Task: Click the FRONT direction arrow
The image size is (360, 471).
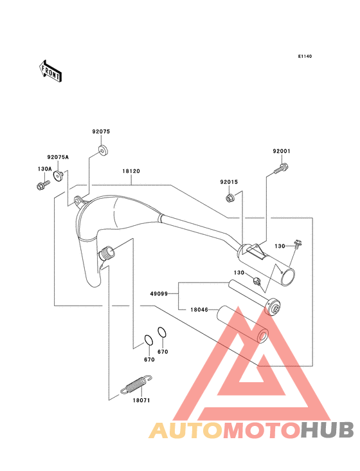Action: point(50,71)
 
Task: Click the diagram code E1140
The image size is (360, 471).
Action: point(305,56)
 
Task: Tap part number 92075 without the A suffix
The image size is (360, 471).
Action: point(101,131)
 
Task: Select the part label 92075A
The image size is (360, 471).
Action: point(58,157)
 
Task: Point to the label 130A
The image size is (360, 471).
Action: point(45,169)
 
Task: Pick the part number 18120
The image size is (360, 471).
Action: point(131,171)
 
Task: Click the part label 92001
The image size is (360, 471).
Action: point(282,151)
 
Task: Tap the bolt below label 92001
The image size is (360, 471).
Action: point(281,169)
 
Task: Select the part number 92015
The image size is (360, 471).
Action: point(229,182)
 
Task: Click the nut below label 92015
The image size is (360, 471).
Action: point(230,198)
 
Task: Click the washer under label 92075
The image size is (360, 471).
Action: point(103,150)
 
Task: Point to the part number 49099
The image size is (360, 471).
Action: point(159,294)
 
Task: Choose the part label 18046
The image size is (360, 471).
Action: point(199,309)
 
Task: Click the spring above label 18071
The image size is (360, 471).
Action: point(136,384)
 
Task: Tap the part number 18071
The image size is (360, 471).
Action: point(141,400)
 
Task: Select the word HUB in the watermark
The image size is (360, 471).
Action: point(327,430)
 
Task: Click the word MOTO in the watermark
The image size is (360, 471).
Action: point(262,430)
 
